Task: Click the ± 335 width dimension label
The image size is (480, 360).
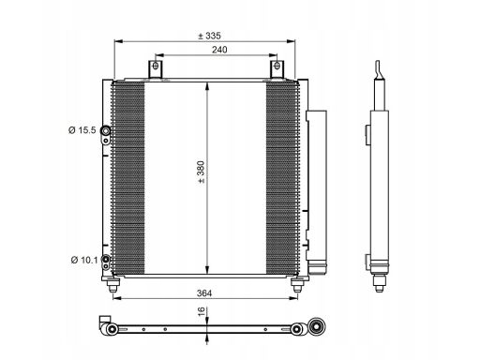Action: (x=209, y=36)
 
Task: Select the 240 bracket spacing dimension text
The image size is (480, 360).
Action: (x=219, y=50)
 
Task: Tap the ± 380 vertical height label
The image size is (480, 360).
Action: (x=202, y=172)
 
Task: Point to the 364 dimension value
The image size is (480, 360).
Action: (x=204, y=293)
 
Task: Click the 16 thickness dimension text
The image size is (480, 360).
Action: (x=202, y=311)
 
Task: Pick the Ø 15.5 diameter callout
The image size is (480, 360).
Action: (x=82, y=130)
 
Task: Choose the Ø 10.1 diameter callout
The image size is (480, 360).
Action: (x=84, y=260)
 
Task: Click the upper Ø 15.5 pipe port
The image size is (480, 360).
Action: (x=106, y=130)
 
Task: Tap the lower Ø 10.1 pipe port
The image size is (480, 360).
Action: (x=106, y=259)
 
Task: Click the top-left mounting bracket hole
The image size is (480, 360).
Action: (x=156, y=66)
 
